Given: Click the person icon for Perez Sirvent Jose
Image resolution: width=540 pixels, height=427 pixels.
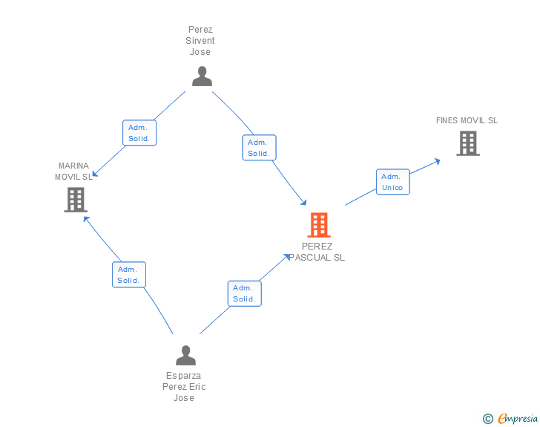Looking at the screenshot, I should pos(202,76).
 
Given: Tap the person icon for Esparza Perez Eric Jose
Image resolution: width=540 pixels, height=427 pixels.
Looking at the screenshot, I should pos(185,355).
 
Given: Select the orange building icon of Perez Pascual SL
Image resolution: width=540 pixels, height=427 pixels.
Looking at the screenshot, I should pos(318,224).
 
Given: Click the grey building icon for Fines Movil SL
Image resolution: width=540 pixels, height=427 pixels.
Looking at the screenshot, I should pos(467,143).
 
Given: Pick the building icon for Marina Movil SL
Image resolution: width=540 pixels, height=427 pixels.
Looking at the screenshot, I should pos(76,199).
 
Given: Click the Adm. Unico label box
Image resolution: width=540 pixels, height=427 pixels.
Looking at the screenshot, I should pos(392,182).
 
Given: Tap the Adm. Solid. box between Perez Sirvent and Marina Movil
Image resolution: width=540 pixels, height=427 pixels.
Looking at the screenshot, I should pos(139,133).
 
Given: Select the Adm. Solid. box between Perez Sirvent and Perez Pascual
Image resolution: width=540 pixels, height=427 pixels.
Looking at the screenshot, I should pos(259,148).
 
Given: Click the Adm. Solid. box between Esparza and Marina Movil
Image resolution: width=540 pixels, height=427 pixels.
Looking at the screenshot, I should pos(129,275).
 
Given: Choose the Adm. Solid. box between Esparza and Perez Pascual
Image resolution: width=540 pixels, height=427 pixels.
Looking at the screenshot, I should pos(244,293).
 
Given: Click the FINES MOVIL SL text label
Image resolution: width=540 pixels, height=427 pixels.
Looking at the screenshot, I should pos(467,120).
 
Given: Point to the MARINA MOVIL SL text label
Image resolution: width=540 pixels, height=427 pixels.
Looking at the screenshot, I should pos(74,172).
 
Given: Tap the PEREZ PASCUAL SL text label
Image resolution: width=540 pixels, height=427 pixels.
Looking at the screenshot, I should pos(317,252).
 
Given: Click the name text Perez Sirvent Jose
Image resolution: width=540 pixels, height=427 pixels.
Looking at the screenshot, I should pos(200,41).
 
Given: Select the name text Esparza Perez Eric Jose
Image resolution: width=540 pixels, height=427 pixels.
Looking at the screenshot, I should pos(184,387).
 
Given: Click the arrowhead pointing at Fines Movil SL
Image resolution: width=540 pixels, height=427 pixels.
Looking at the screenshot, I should pos(438,160).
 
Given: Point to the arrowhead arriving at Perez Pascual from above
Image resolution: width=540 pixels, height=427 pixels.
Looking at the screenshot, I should pos(303,202).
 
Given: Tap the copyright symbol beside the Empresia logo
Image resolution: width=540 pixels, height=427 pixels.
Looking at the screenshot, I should pos(487,419).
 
